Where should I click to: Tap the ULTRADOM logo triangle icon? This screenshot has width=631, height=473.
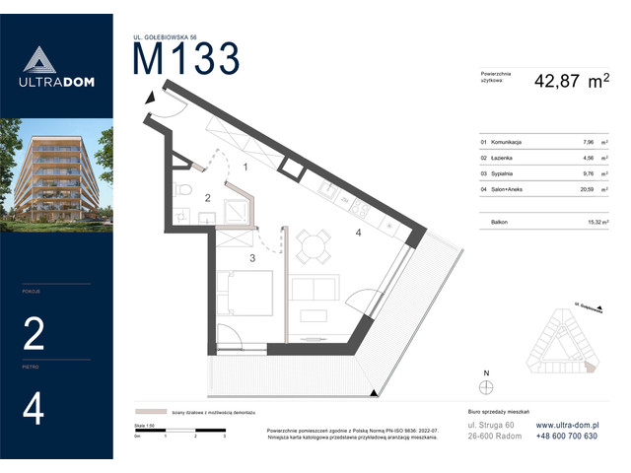(x=56, y=60)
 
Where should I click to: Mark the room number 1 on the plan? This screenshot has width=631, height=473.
(x=245, y=168)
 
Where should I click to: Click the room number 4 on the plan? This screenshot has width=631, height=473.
(x=360, y=233)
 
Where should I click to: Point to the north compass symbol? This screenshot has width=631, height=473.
(x=486, y=385)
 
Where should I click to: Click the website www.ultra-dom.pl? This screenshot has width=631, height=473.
(x=576, y=425)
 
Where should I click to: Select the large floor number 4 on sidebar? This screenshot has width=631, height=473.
(x=33, y=408)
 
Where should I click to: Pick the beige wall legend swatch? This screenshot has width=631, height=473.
(x=148, y=412)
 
